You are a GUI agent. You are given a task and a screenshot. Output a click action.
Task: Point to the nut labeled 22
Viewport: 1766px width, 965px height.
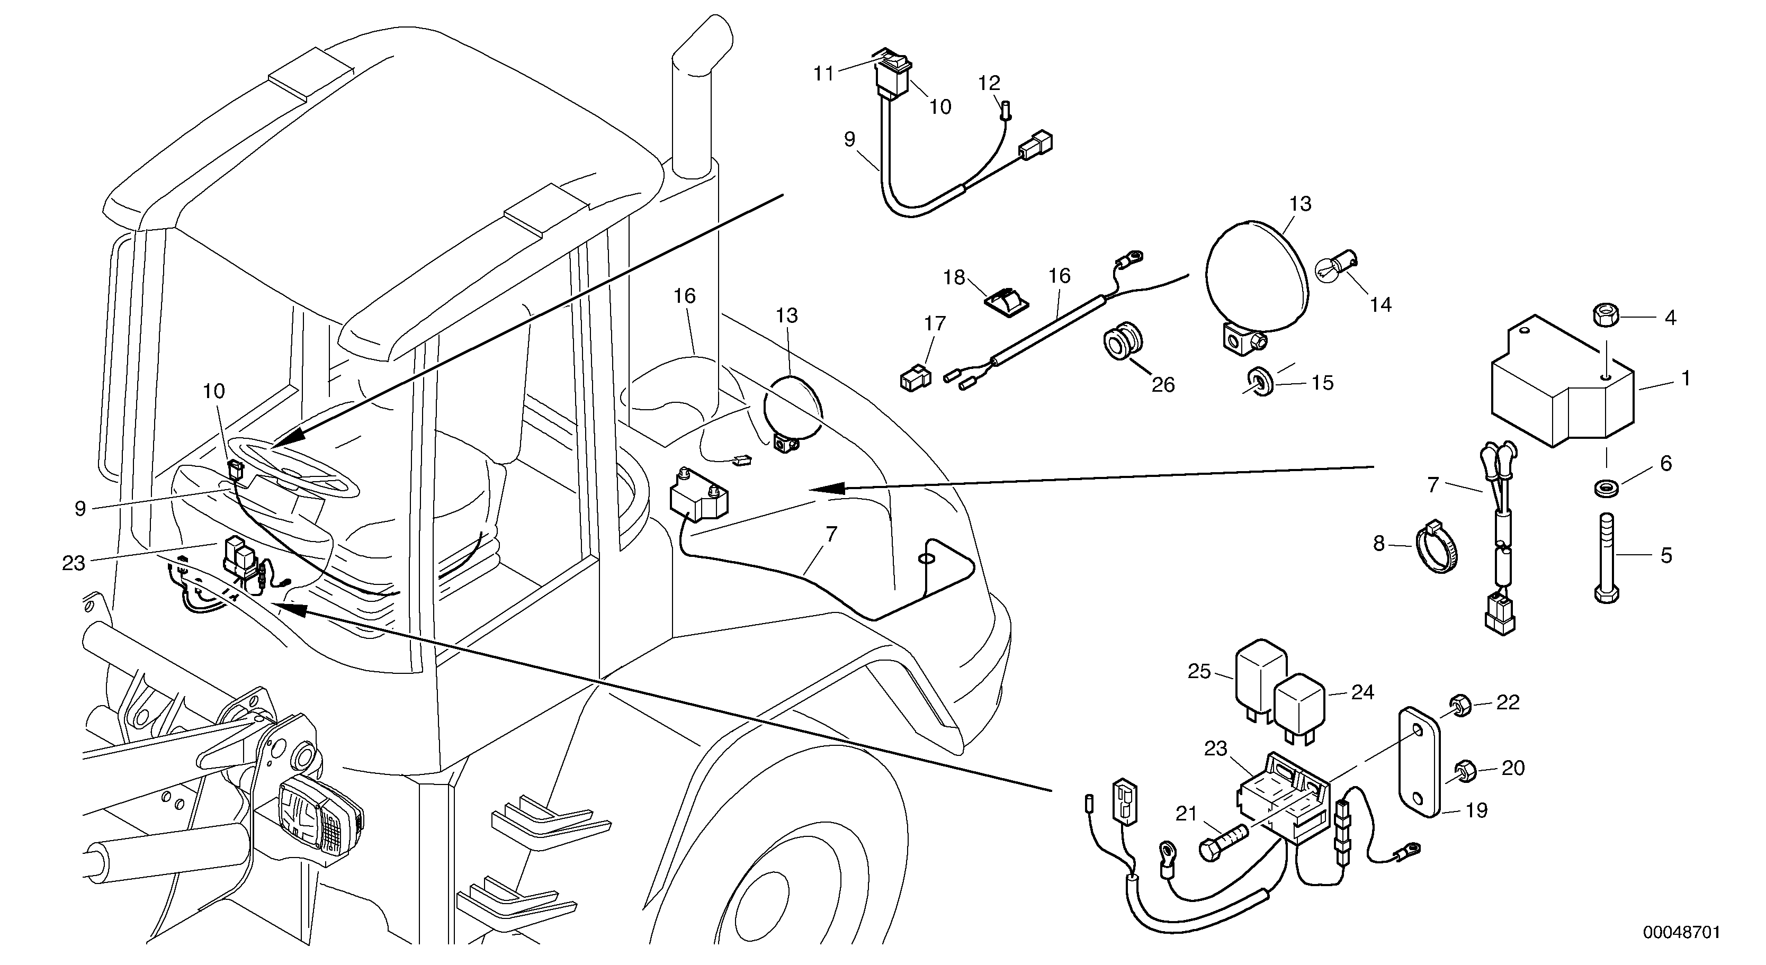pos(1459,705)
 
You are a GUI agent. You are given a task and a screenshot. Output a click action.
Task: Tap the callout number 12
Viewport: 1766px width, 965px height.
pos(989,84)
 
